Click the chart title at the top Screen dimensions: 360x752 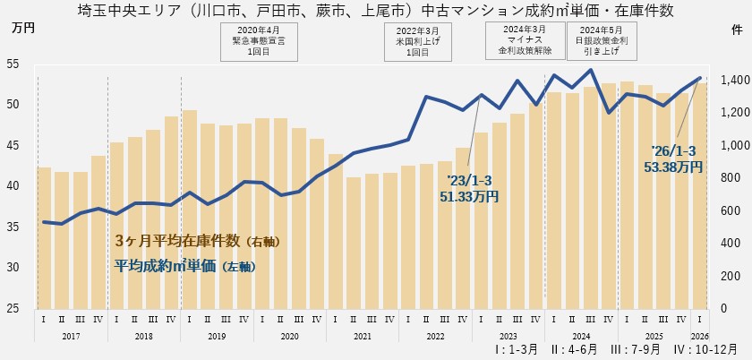[376, 11]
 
